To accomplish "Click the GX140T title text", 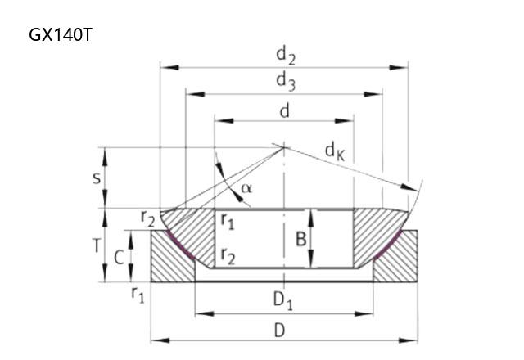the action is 60,34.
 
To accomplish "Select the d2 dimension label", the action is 286,56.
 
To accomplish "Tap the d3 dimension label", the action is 286,82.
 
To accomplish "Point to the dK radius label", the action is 335,152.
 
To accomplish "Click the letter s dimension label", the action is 97,178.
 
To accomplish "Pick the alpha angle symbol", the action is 246,188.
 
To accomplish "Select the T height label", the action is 97,246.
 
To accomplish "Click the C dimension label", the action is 119,258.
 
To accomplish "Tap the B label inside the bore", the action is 301,239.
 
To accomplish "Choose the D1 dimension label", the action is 283,300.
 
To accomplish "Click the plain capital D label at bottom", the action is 279,331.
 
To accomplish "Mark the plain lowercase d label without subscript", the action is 284,111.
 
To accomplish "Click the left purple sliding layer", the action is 179,245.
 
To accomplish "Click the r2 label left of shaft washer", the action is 147,218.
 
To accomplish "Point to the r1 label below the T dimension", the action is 138,295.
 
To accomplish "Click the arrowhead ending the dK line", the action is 409,187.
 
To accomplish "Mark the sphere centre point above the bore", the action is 284,147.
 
